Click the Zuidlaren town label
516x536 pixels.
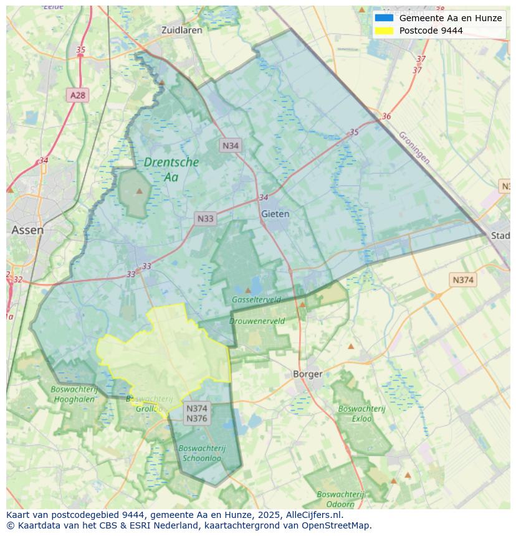(181, 30)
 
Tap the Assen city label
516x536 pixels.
(27, 230)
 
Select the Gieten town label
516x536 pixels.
(275, 214)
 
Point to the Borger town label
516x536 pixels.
(308, 374)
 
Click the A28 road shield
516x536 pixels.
(78, 95)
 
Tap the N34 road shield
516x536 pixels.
(231, 146)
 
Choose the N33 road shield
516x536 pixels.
(205, 219)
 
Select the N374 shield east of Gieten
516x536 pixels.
(462, 280)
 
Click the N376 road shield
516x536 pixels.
(197, 418)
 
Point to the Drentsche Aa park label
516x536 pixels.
(171, 169)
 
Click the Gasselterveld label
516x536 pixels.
(256, 299)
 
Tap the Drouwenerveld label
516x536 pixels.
(257, 321)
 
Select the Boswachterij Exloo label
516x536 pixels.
(362, 413)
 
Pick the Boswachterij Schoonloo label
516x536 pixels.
(201, 453)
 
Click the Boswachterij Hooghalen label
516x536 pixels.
(74, 394)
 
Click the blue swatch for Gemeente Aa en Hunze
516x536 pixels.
(384, 18)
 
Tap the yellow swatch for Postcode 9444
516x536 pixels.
(384, 31)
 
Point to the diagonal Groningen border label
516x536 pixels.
(414, 148)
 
